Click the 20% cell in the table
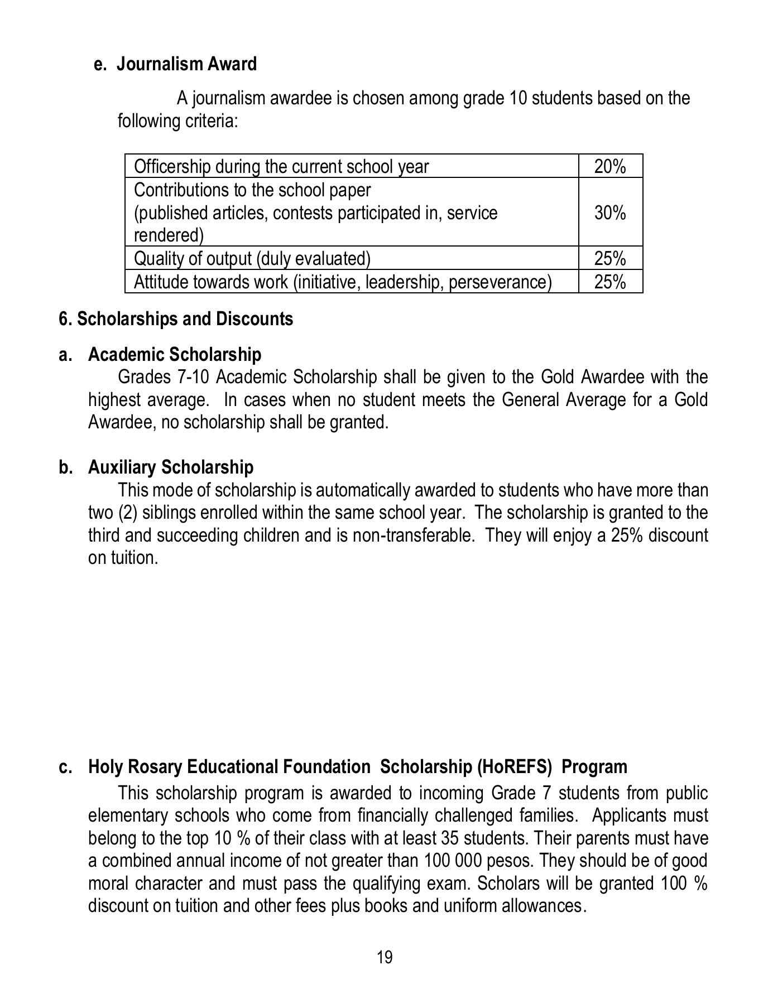coord(609,167)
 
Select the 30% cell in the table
coord(609,213)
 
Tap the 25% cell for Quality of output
coord(609,259)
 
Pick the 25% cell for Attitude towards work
coord(609,282)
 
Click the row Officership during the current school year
coord(281,167)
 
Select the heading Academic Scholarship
coord(175,355)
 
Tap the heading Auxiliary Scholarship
coord(171,467)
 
